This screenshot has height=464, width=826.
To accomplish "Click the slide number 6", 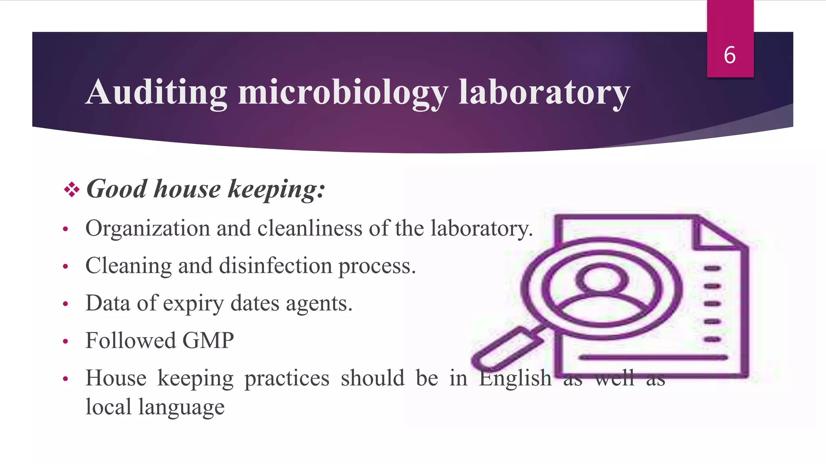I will pos(730,55).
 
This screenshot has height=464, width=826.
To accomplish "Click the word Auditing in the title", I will pos(156,92).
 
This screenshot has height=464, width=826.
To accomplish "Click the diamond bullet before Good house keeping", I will pos(71,189).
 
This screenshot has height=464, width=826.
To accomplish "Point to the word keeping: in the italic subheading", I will pos(276,189).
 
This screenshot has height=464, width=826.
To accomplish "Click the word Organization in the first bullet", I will pos(148,229).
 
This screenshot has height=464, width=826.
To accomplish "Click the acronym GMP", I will pos(208,341).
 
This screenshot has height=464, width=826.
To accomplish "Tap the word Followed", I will pos(131,341).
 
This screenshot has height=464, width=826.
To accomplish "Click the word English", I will pos(515,378).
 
